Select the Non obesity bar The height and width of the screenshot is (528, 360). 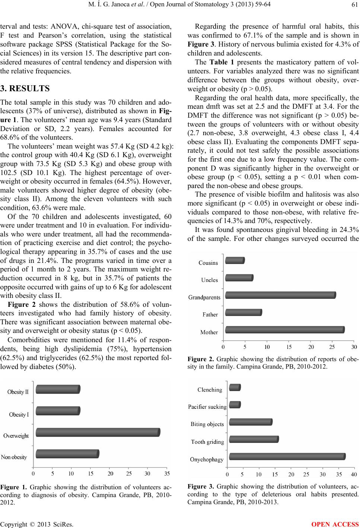(67, 454)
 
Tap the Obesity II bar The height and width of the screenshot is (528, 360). (58, 389)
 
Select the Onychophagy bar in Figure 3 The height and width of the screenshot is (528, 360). (287, 457)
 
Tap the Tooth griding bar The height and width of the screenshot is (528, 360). (254, 439)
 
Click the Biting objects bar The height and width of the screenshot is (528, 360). (251, 422)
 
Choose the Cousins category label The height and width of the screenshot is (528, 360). (208, 263)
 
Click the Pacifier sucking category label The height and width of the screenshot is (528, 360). (207, 407)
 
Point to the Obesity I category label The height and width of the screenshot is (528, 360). (19, 414)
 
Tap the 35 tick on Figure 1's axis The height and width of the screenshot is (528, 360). (167, 474)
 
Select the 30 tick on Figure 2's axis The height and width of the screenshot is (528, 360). (354, 347)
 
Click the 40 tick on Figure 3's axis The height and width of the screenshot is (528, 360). (353, 474)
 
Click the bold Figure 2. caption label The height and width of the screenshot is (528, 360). (201, 360)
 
